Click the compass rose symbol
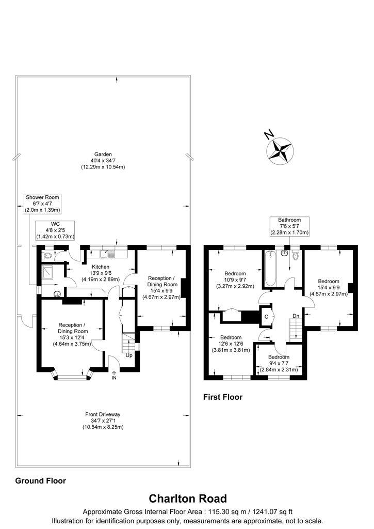[280, 151]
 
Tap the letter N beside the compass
[268, 135]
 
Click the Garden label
[103, 161]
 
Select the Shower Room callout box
[42, 204]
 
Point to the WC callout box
[55, 230]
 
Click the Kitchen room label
[101, 273]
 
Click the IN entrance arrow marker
[114, 375]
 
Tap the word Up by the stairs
[129, 355]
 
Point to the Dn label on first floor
[296, 316]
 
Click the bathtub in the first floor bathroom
[270, 268]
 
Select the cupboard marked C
[266, 317]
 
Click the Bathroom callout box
[289, 226]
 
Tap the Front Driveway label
[103, 421]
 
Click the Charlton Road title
[188, 499]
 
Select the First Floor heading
[223, 397]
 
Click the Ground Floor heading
[40, 481]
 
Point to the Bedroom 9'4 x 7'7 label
[279, 363]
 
